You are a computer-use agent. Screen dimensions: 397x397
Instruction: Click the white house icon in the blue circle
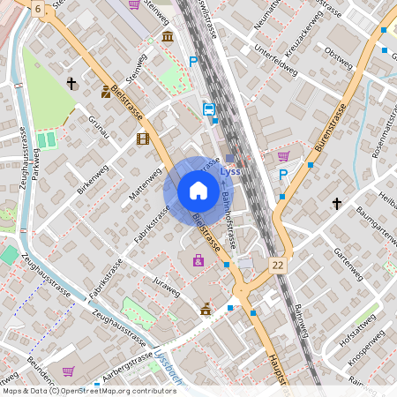tap(198, 190)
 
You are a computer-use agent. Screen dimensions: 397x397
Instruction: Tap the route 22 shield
tap(279, 266)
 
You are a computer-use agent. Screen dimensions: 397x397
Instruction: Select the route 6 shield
tap(38, 8)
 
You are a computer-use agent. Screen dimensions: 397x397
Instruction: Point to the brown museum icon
tap(168, 36)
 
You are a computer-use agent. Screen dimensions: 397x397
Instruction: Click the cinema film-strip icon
tap(143, 138)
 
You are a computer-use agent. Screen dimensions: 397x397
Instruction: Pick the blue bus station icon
tap(209, 109)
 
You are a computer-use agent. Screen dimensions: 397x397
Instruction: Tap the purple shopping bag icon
tap(198, 260)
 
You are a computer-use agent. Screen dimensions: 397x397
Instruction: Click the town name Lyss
tap(230, 172)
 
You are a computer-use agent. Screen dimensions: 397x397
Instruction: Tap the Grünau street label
tap(98, 124)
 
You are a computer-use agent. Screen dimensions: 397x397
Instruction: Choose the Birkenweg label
tap(94, 177)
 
